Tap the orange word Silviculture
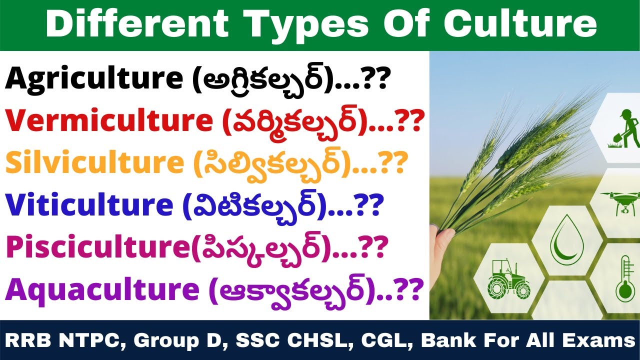tap(95, 162)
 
